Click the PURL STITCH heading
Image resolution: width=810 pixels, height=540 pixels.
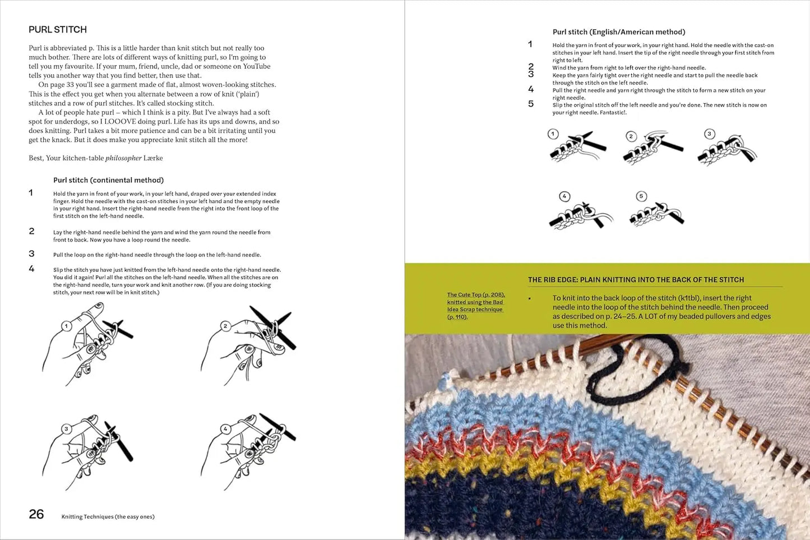(x=58, y=30)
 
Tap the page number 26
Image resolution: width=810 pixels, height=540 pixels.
(x=36, y=514)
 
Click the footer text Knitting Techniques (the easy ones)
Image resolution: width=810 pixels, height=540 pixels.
(x=108, y=516)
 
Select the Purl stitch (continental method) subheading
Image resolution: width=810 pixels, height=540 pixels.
(x=108, y=180)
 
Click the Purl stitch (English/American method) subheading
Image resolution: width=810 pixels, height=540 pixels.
(x=619, y=32)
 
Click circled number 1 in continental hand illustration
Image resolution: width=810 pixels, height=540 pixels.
(x=67, y=326)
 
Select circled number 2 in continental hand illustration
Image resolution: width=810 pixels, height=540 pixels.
(x=225, y=326)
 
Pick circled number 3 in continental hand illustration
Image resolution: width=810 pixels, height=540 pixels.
(x=67, y=429)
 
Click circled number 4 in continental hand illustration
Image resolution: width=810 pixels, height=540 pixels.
(x=225, y=429)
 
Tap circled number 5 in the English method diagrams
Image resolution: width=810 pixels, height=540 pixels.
(x=641, y=196)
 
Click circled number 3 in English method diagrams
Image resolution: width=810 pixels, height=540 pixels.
(x=709, y=134)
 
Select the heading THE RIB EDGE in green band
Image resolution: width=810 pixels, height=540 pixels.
(x=636, y=279)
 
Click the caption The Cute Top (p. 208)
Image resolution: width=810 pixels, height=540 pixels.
(x=476, y=295)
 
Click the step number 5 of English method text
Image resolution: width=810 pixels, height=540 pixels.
(x=531, y=104)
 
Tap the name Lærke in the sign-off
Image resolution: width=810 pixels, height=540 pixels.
(x=153, y=158)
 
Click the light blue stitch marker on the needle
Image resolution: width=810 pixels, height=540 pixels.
(x=445, y=381)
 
